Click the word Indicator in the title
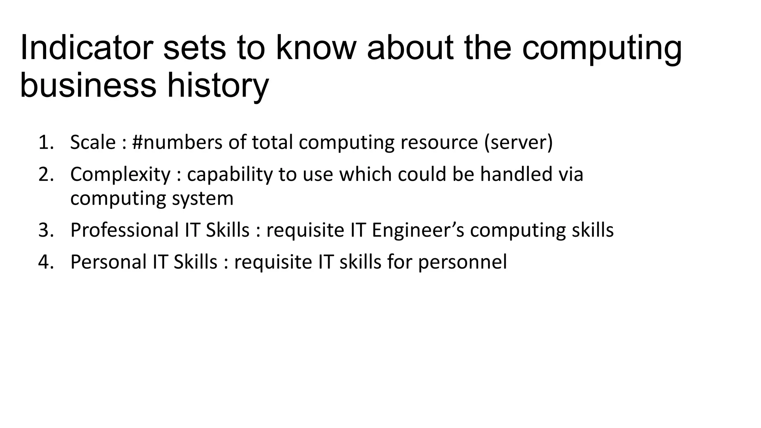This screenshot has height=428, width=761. (86, 48)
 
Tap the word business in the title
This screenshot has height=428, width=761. (88, 85)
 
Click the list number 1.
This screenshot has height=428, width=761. (46, 142)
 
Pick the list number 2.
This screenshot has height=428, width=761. (46, 174)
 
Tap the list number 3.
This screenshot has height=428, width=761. (46, 230)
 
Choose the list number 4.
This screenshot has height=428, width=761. (46, 262)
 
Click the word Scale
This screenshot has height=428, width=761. (93, 142)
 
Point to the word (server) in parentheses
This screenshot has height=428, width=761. (518, 142)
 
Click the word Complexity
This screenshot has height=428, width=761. (120, 175)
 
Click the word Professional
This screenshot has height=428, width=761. (124, 230)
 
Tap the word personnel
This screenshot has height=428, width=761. (462, 262)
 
